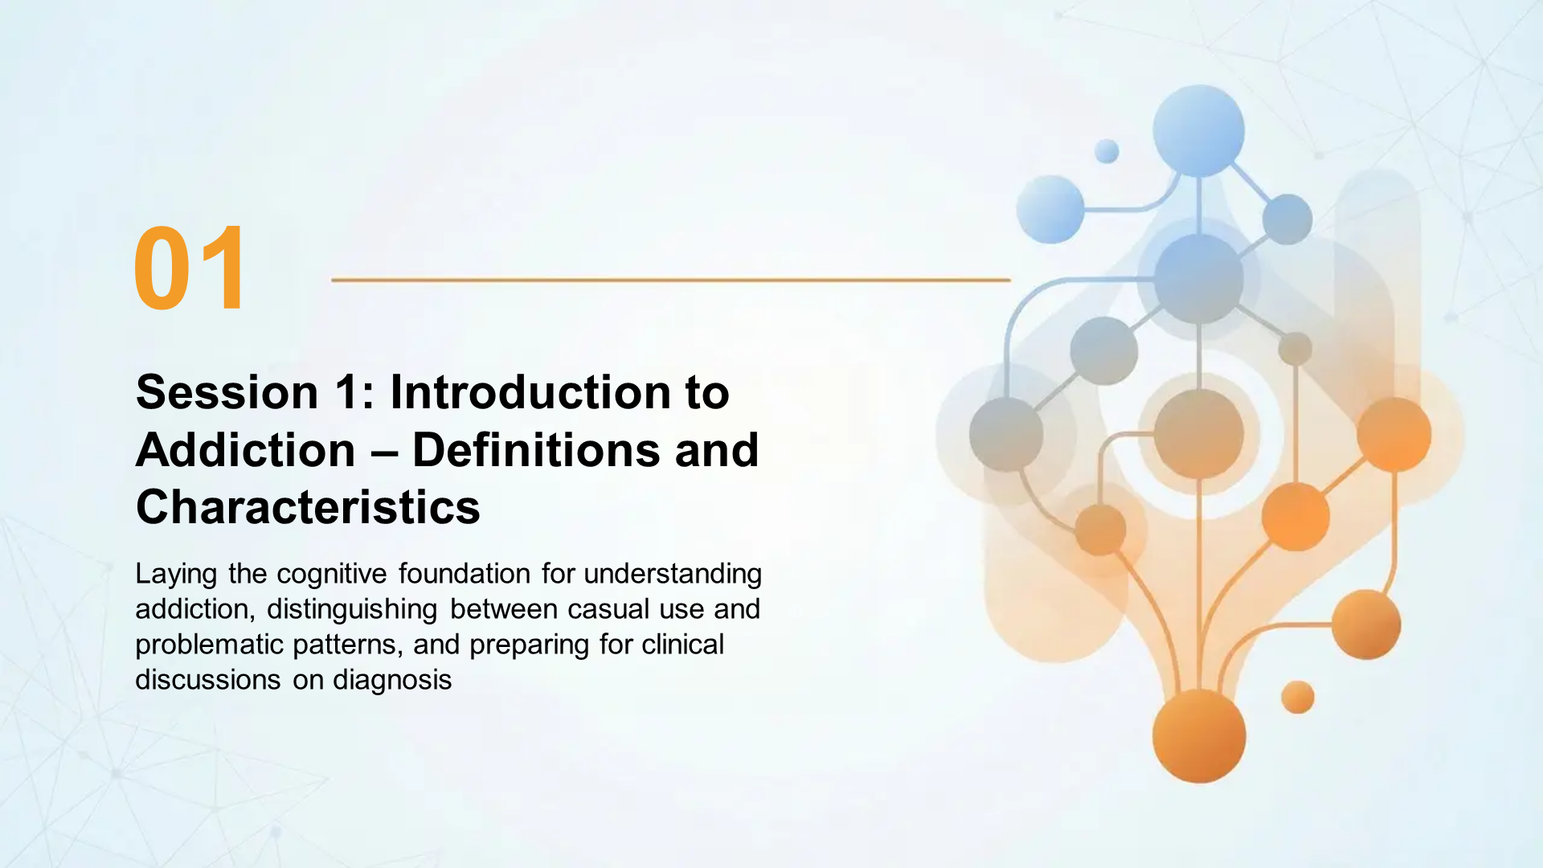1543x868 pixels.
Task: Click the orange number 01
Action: (x=190, y=269)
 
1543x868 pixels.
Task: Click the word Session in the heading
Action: (x=227, y=392)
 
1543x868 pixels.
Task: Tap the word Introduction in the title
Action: (x=530, y=392)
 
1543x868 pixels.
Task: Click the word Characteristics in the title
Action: (x=308, y=508)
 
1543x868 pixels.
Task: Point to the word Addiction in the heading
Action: (x=245, y=450)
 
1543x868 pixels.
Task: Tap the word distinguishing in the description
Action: (x=351, y=609)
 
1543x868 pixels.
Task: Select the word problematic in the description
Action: (x=210, y=645)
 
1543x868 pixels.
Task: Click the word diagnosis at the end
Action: (x=392, y=680)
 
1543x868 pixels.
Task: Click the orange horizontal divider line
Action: (x=670, y=280)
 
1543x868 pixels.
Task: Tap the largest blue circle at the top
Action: (x=1198, y=130)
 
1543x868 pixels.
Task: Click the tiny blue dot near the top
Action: (x=1107, y=151)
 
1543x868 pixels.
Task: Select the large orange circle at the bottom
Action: (x=1198, y=736)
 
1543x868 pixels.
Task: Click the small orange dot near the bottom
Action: (x=1297, y=697)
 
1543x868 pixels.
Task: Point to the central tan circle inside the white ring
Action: (x=1198, y=434)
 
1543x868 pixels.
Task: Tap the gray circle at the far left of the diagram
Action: (x=1006, y=434)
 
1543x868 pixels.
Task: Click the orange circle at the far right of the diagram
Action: (x=1394, y=434)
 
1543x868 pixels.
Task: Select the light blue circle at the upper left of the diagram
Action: (x=1050, y=209)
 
